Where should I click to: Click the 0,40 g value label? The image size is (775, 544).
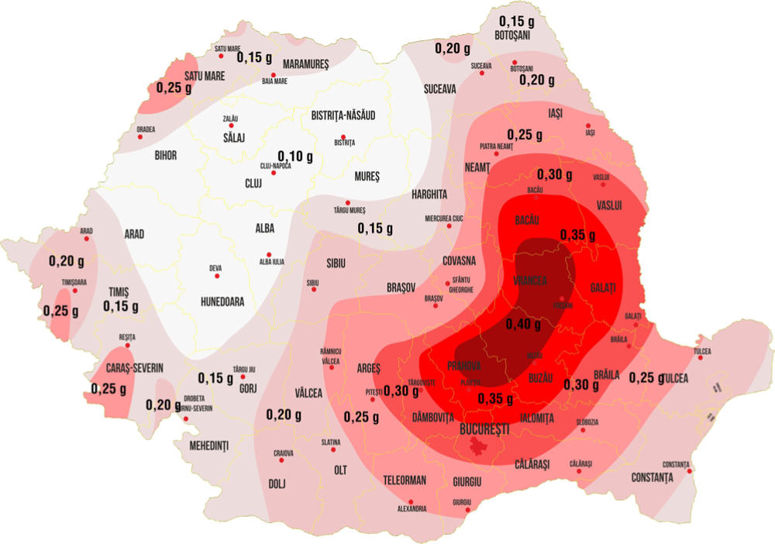pyautogui.click(x=522, y=324)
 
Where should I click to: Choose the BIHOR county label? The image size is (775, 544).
pyautogui.click(x=165, y=156)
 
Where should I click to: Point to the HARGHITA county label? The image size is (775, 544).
pyautogui.click(x=431, y=193)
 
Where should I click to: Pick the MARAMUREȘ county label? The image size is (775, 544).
pyautogui.click(x=306, y=64)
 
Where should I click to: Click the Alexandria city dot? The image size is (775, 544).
pyautogui.click(x=411, y=501)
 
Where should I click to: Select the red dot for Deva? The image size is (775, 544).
pyautogui.click(x=216, y=276)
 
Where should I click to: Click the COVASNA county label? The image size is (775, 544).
pyautogui.click(x=464, y=261)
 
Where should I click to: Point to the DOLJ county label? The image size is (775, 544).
pyautogui.click(x=277, y=484)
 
